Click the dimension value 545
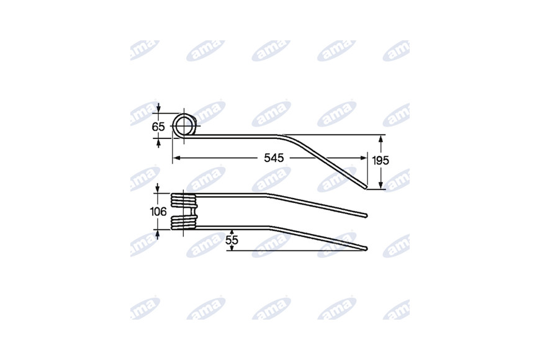click(274, 158)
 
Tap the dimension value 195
click(380, 160)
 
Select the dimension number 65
click(158, 127)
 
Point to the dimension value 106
click(158, 212)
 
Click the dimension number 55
click(232, 240)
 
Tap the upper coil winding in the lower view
click(184, 200)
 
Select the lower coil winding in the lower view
click(184, 223)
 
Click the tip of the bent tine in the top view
click(366, 187)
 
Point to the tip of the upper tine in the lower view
click(366, 215)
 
